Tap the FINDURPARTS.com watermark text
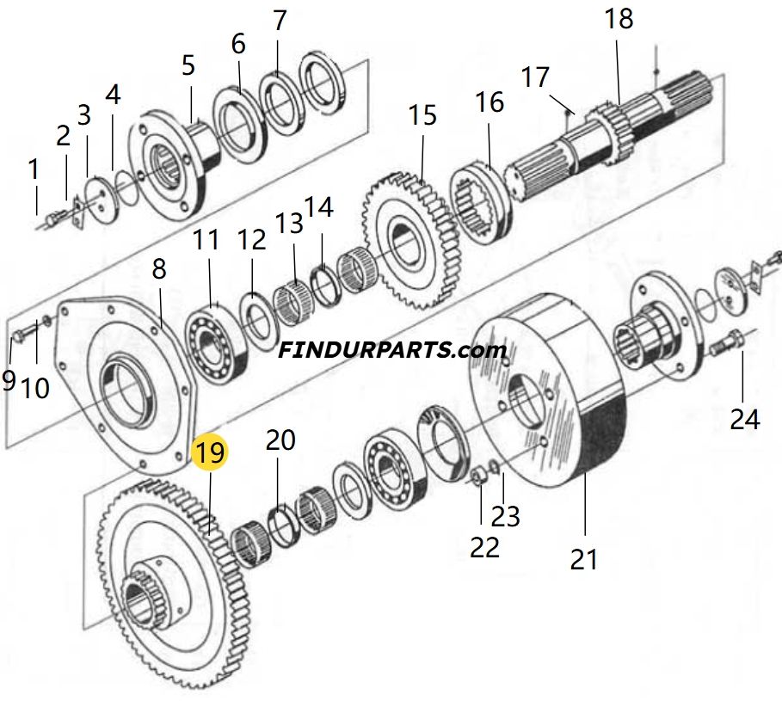[392, 350]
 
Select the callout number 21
[584, 560]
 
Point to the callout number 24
[745, 419]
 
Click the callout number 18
[618, 18]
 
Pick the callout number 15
[422, 114]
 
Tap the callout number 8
[159, 269]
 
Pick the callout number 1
[33, 169]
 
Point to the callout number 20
[280, 440]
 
